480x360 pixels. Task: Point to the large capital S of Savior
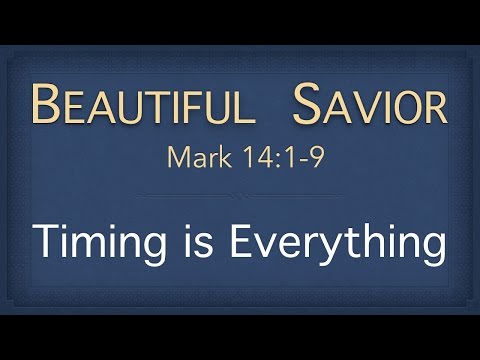pos(304,104)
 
